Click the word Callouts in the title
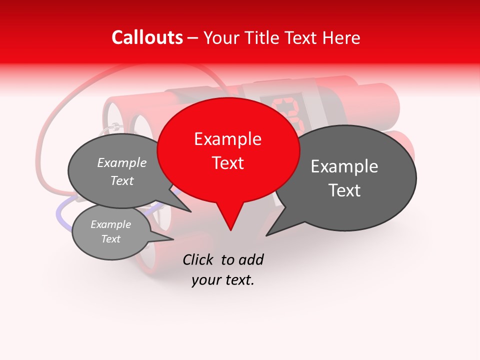point(147,37)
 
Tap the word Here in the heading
point(340,37)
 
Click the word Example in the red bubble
point(227,139)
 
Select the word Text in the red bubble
point(227,163)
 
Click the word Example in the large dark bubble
point(344,166)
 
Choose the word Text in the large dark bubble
point(344,190)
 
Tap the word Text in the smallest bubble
point(111,239)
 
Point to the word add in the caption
point(251,259)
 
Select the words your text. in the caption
point(223,280)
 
